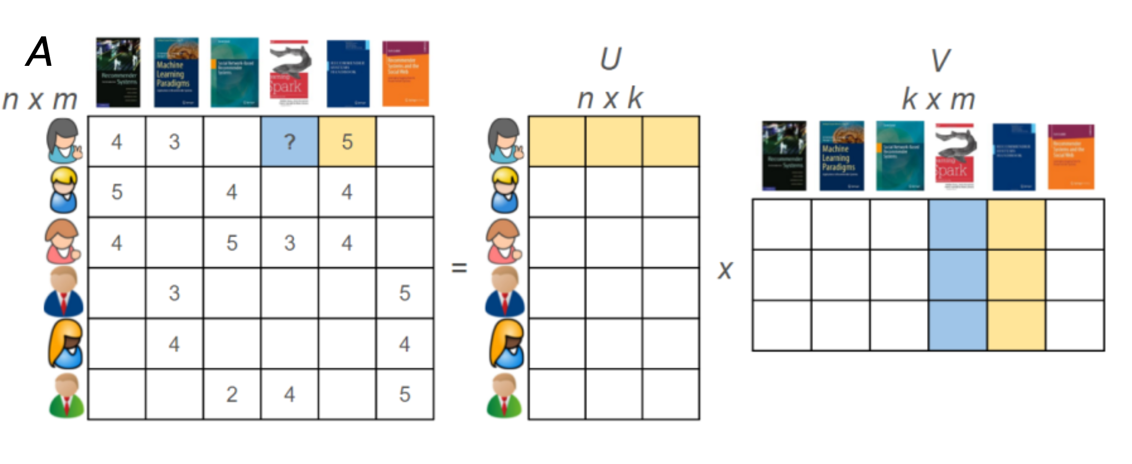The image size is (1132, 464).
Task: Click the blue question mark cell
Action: pos(290,142)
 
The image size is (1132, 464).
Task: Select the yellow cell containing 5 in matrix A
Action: pos(347,142)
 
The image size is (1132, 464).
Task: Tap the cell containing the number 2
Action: pos(232,394)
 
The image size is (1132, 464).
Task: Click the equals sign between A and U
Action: pos(459,268)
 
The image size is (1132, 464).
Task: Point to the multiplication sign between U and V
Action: pos(725,270)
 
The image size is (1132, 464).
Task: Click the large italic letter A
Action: pos(39,52)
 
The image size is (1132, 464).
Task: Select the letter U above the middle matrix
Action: pos(610,59)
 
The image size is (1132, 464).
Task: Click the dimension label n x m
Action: pos(40,99)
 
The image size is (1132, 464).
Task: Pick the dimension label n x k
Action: pos(610,98)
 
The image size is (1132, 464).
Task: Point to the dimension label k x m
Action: pos(939,99)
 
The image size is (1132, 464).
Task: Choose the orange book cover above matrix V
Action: pos(1071,157)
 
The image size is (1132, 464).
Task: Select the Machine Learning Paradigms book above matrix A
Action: pos(176,72)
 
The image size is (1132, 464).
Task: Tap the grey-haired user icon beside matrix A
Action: pos(64,141)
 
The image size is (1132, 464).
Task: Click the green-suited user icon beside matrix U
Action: pos(504,396)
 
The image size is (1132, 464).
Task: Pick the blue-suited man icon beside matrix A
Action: pos(63,292)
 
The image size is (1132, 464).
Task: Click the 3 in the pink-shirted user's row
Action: pos(290,243)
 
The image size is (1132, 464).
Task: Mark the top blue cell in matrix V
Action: pos(957,224)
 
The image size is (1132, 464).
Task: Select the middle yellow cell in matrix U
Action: pos(614,142)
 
